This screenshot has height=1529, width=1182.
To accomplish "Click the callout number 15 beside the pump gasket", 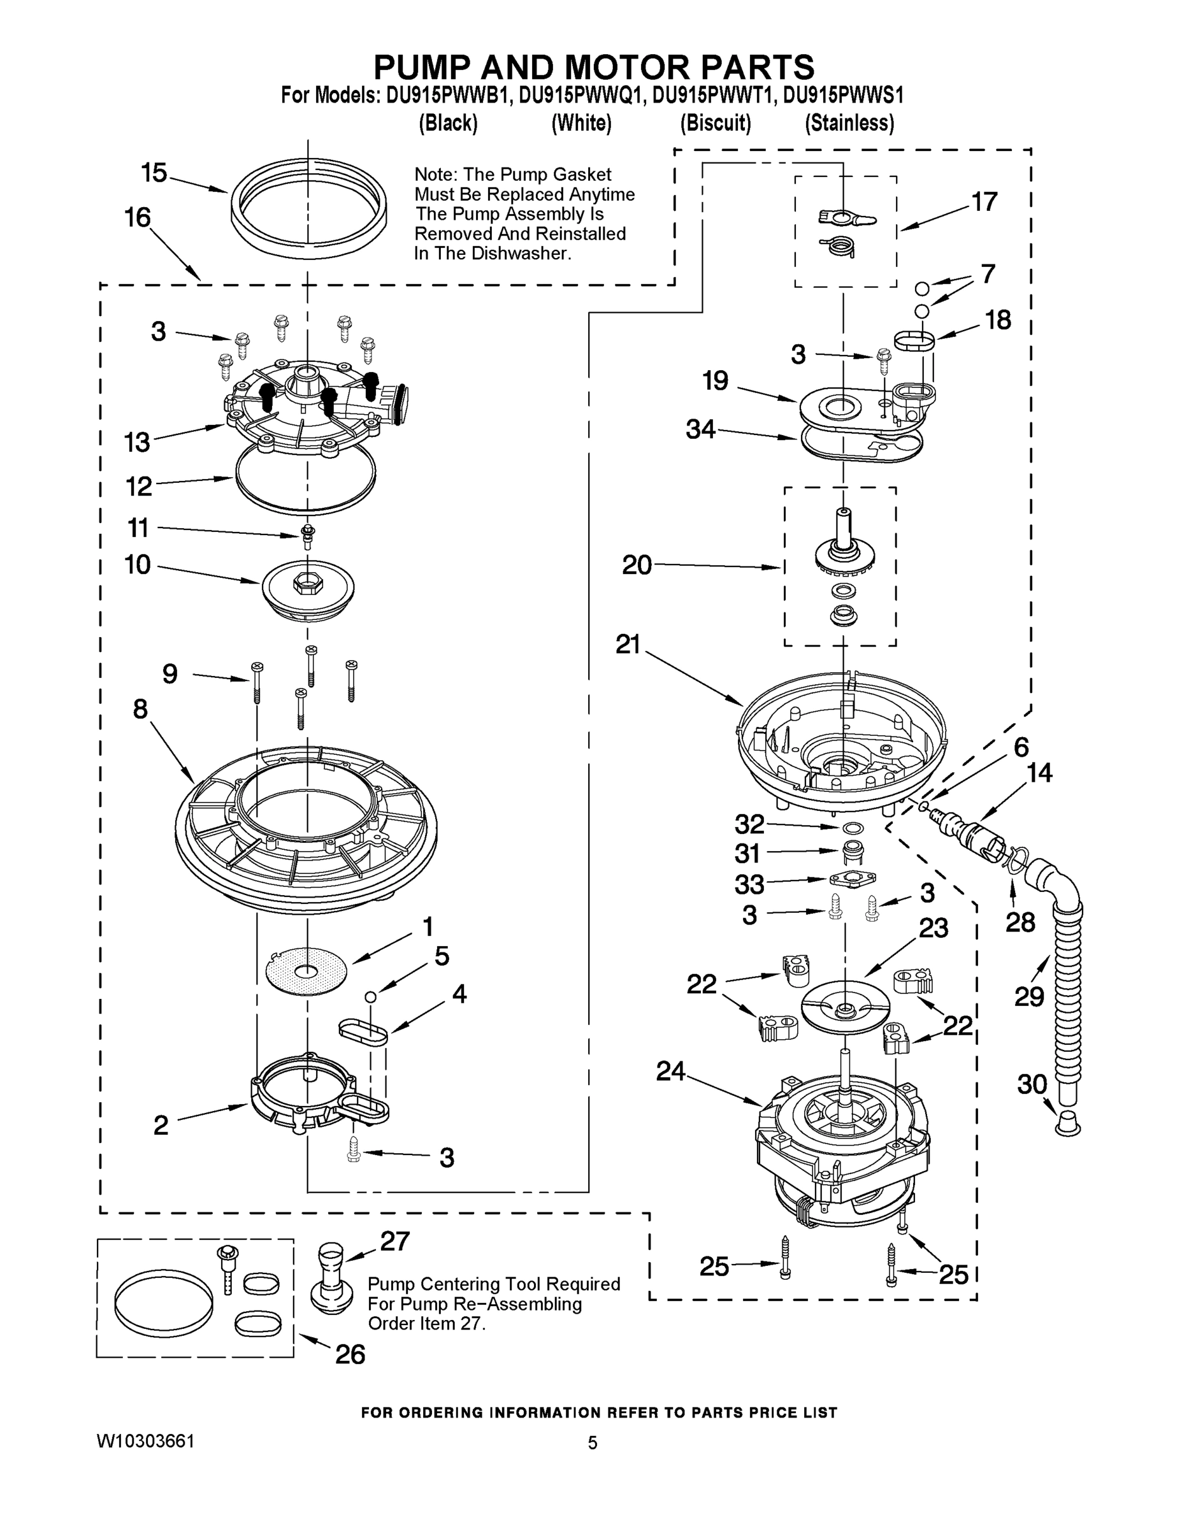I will (154, 172).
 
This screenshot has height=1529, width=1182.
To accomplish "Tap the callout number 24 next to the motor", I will (670, 1070).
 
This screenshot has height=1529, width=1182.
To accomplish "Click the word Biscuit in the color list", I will (715, 123).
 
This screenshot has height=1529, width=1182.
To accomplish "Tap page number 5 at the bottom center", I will (593, 1442).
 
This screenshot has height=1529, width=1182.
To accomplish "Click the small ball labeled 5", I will (370, 996).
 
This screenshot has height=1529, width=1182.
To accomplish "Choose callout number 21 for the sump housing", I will (628, 644).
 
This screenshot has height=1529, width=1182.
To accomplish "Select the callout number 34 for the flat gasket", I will (700, 429).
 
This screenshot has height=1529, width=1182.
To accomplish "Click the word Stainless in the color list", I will (849, 123).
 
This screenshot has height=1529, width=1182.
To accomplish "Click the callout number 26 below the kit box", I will (350, 1354).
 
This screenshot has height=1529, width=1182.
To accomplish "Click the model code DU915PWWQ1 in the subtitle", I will (580, 95).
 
